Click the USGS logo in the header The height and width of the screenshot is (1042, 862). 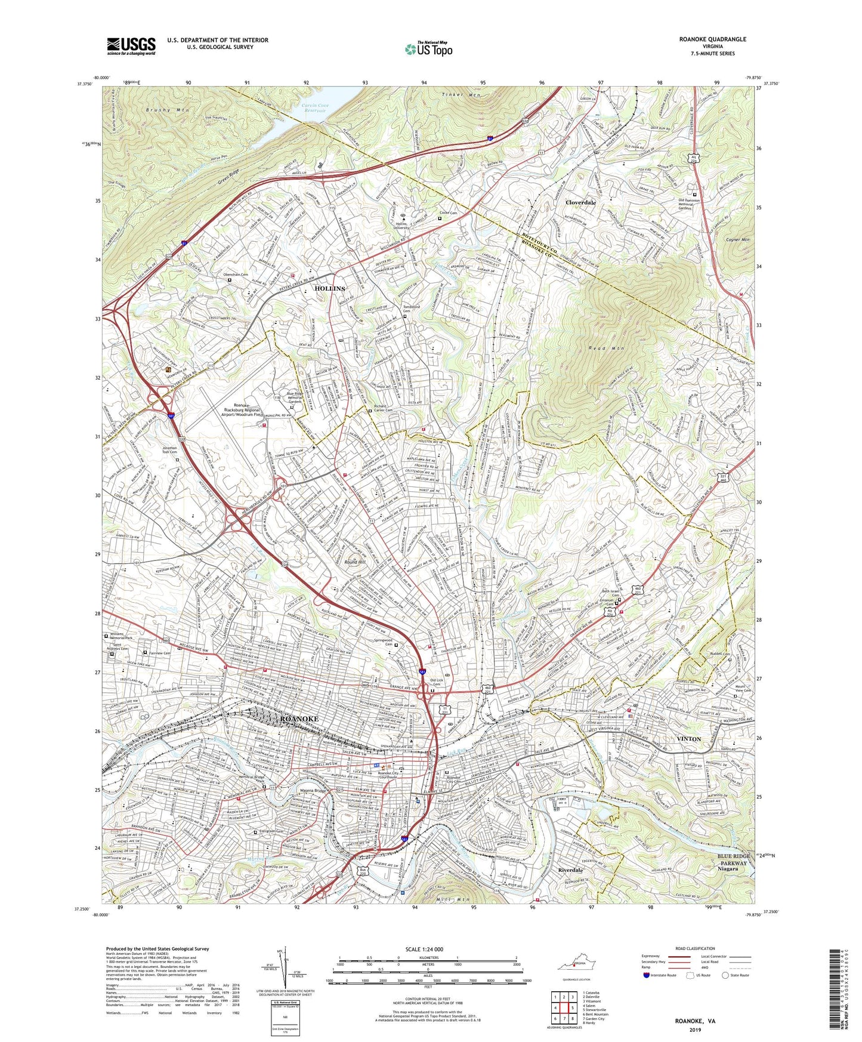pos(131,45)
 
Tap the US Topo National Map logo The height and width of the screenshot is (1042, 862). pos(428,48)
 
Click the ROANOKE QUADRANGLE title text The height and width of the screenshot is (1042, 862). pos(712,39)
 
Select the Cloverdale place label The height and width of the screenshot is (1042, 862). pos(580,202)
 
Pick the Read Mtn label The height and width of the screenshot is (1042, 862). pos(608,348)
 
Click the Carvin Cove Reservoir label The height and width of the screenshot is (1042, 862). pos(314,108)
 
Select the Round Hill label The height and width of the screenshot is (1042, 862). pos(355,562)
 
